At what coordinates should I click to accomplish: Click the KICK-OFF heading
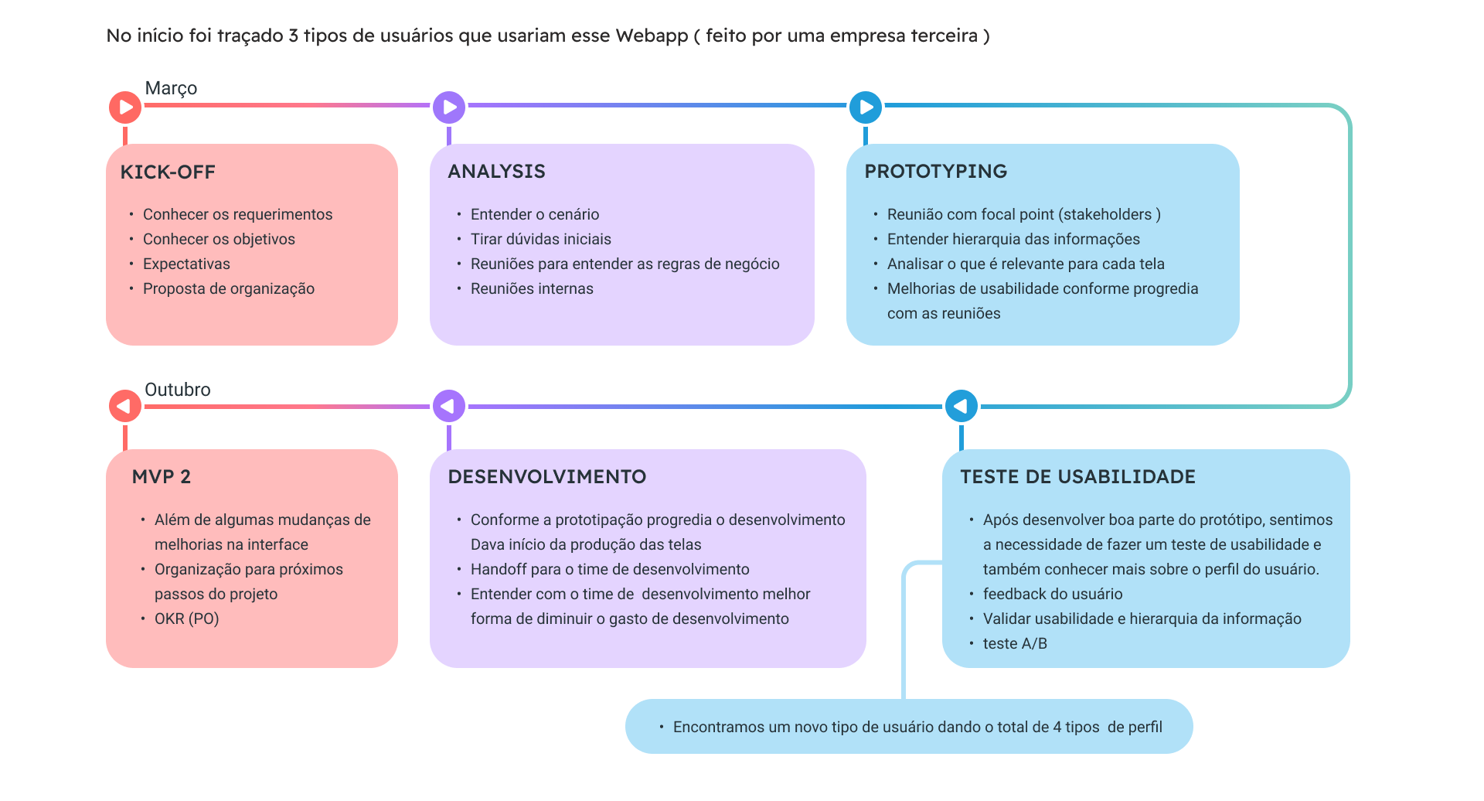(x=168, y=172)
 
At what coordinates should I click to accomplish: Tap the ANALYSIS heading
(x=496, y=172)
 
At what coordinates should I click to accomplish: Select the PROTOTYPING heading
(x=935, y=172)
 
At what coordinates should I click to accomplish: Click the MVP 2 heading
(x=161, y=477)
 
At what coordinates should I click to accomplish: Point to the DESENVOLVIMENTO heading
(x=546, y=477)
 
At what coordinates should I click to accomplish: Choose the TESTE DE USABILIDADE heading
(x=1077, y=477)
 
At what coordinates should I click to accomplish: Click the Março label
(x=171, y=88)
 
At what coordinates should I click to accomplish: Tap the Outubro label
(x=177, y=390)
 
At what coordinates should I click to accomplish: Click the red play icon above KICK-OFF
(x=125, y=107)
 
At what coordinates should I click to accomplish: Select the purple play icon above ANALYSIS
(x=449, y=107)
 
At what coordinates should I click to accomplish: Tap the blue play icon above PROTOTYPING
(x=866, y=107)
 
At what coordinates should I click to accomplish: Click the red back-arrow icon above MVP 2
(x=125, y=406)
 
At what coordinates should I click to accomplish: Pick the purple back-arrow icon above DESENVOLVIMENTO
(x=449, y=406)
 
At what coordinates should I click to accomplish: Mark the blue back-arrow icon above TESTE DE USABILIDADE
(x=962, y=406)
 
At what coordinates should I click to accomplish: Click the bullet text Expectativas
(x=186, y=264)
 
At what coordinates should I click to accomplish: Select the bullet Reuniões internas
(x=532, y=289)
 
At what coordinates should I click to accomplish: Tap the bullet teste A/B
(x=1015, y=644)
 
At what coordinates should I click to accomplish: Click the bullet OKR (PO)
(x=186, y=619)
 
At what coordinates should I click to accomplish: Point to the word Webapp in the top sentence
(x=651, y=36)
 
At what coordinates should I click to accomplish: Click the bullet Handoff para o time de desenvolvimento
(x=610, y=570)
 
